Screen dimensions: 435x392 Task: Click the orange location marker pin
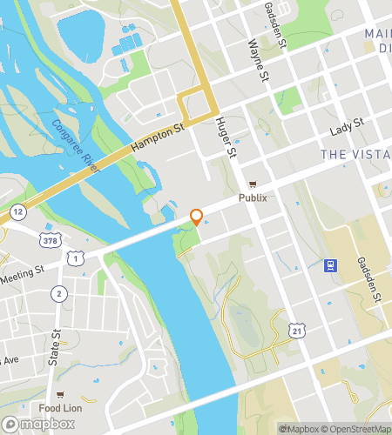197,217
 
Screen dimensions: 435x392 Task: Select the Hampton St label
159,138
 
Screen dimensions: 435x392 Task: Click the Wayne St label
259,59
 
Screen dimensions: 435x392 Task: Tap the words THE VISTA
355,154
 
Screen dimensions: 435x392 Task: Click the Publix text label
253,197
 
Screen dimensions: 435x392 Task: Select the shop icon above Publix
253,184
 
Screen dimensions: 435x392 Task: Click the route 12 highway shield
17,212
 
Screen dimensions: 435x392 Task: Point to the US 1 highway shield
78,258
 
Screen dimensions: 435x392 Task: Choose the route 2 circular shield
58,293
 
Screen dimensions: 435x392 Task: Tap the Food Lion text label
60,408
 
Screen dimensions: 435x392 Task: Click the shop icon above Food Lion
60,394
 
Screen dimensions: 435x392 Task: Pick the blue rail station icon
331,265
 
